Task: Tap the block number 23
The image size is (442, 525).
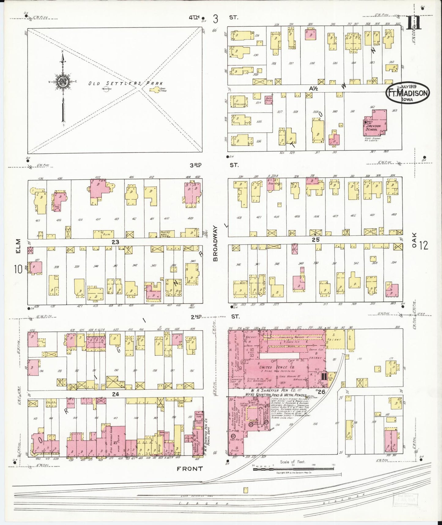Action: coord(115,242)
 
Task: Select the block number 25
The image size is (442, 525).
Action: coord(315,240)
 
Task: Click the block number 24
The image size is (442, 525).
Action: coord(115,394)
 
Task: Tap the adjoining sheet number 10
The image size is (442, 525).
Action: coord(18,269)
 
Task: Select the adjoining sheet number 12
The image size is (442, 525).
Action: coord(424,245)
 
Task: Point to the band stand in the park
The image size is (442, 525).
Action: coord(154,90)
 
